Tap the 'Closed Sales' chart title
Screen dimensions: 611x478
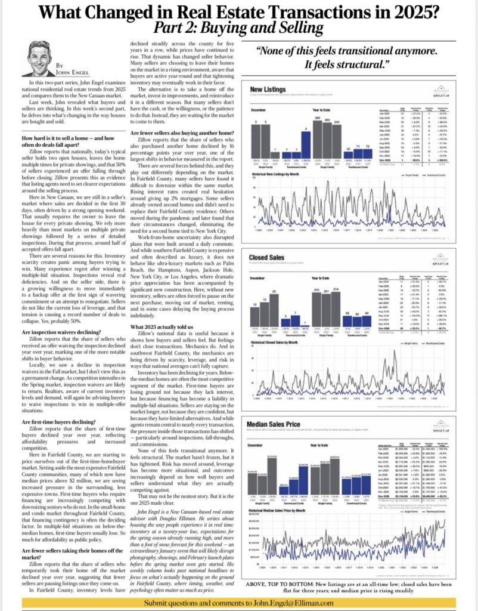(x=266, y=257)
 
